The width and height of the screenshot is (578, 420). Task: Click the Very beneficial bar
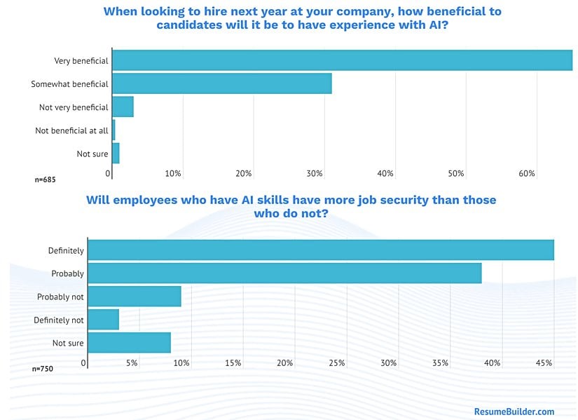tap(342, 60)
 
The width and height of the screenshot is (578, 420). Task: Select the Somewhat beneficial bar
tap(221, 83)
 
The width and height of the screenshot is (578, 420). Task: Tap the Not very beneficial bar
tap(123, 107)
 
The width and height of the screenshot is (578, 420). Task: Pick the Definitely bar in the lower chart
tap(320, 250)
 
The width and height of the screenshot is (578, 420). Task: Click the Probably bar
tap(284, 273)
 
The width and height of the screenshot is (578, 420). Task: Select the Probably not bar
tap(135, 297)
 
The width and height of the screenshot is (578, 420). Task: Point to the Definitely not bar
tap(103, 320)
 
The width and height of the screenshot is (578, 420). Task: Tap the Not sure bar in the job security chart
tap(129, 343)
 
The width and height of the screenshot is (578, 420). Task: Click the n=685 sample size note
tap(45, 180)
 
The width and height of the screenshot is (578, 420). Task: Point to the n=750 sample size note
tap(43, 369)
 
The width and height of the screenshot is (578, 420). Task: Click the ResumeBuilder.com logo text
tap(514, 412)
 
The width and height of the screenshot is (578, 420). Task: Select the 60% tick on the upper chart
tap(527, 173)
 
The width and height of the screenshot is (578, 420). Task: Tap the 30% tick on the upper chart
tap(315, 173)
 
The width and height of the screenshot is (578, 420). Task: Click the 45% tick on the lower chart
tap(544, 363)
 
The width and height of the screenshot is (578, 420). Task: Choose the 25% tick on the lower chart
tap(336, 363)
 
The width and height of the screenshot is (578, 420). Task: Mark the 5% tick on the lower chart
tap(131, 363)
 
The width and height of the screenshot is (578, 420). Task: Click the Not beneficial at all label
tap(72, 130)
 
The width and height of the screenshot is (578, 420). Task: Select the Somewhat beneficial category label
tap(69, 84)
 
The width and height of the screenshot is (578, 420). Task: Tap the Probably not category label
tap(60, 297)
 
